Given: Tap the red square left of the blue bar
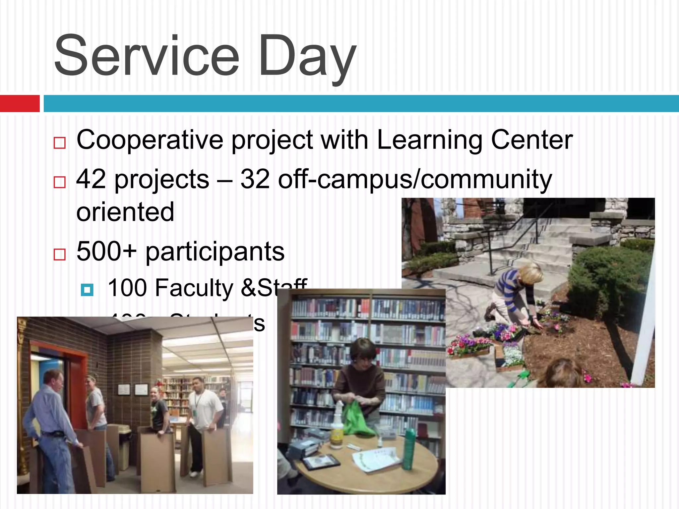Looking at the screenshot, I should pos(20,103).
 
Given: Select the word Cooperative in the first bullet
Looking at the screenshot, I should pos(150,140).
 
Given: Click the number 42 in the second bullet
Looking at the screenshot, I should pos(92,179).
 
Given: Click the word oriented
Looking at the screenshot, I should pos(125,212).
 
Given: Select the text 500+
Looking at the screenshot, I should pos(106,251).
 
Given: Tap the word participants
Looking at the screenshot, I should pos(215,252).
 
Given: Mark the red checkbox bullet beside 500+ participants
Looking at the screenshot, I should pos(60,254).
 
